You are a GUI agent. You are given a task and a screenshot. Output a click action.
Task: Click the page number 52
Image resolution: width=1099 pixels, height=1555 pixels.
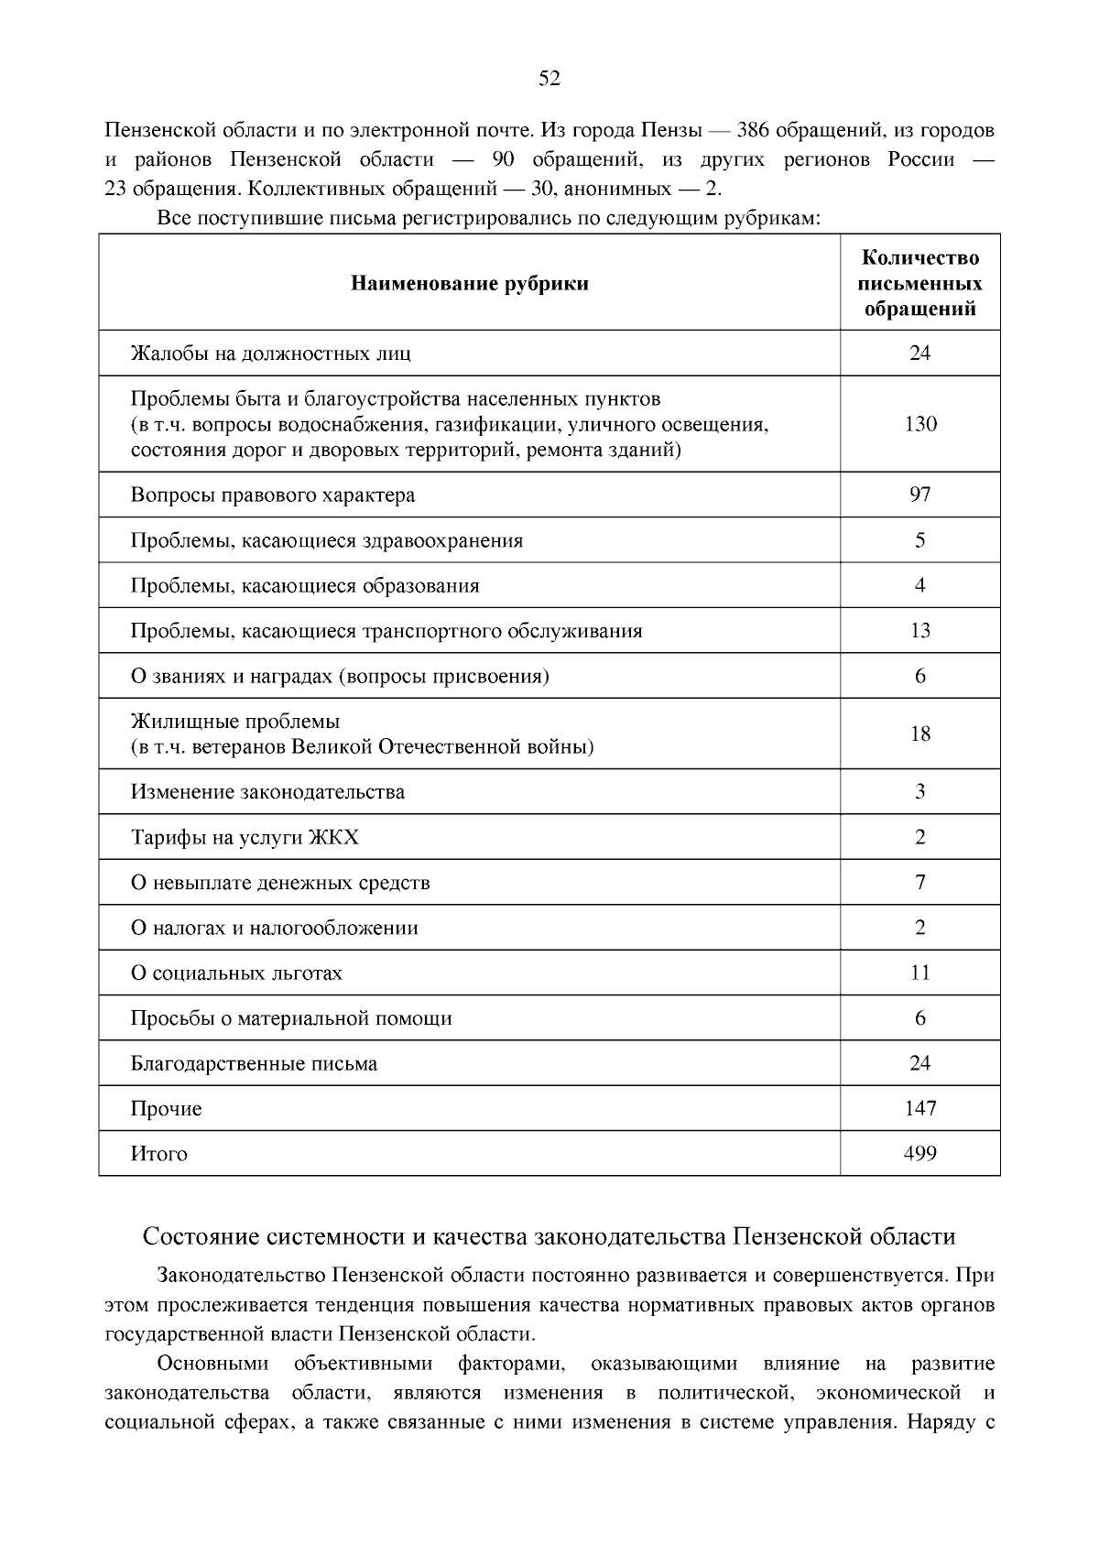tap(549, 79)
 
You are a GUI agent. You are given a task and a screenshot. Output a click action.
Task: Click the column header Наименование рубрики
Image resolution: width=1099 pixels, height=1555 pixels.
tap(469, 283)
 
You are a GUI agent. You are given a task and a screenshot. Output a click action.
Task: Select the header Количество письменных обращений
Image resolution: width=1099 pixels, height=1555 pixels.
tap(919, 283)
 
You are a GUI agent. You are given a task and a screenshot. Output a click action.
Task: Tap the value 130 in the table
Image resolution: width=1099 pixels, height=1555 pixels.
tap(919, 424)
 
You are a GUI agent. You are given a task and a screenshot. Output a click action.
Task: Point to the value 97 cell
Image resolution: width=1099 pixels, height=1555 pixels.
tap(919, 495)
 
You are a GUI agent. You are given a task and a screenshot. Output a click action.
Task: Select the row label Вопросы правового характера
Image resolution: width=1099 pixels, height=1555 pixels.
tap(272, 495)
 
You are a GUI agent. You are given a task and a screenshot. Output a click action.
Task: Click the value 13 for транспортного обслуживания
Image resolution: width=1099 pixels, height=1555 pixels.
tap(919, 630)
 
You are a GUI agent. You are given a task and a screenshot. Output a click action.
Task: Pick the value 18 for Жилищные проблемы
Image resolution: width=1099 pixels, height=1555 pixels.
tap(919, 734)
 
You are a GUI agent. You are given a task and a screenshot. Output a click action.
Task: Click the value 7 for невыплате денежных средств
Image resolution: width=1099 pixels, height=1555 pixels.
tap(919, 882)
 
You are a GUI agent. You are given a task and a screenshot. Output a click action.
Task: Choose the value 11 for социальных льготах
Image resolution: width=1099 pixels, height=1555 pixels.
tap(919, 973)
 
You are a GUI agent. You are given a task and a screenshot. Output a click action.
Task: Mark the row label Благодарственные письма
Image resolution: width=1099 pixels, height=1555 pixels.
tap(254, 1064)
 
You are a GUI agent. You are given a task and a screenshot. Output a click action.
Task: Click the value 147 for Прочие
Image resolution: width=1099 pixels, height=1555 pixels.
tap(919, 1108)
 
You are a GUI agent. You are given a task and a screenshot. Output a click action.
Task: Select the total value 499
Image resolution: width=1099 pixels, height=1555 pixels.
tap(919, 1154)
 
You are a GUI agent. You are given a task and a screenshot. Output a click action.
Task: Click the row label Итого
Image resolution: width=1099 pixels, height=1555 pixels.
tap(158, 1154)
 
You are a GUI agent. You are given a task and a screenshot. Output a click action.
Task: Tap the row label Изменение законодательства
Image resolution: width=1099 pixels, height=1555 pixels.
tap(267, 792)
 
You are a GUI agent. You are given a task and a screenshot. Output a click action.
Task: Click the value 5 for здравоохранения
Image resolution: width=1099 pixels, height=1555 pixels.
tap(919, 540)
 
